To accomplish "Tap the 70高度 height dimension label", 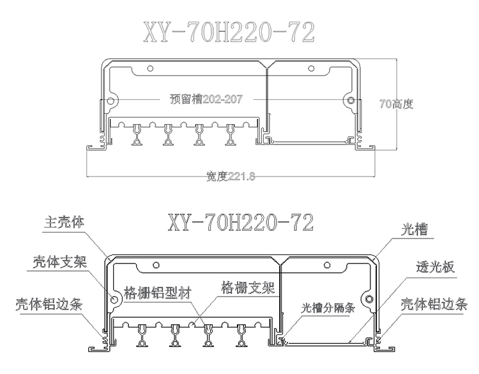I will (x=396, y=104).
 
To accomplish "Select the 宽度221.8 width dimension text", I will (x=231, y=176).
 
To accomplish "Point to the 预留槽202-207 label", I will (x=209, y=99).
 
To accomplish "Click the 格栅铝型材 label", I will (x=158, y=290).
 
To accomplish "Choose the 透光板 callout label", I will (x=435, y=268).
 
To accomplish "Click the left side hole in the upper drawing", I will (x=111, y=100).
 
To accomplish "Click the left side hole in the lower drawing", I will (x=115, y=298).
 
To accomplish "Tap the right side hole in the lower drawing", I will (x=369, y=298).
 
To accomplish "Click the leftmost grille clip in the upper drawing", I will (x=137, y=135).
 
